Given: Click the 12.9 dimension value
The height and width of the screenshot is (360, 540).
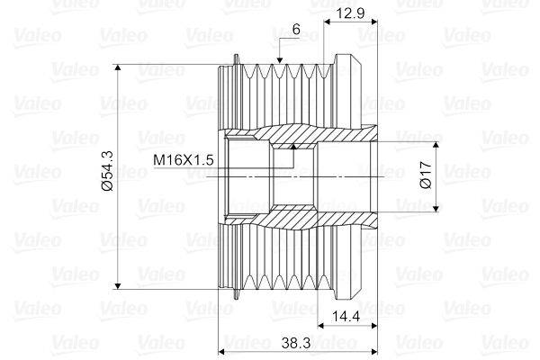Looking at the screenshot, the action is point(350,13).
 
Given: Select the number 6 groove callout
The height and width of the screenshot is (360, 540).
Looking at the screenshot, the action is point(296,30).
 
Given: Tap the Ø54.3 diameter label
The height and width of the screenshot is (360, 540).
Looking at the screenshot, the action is point(108,171).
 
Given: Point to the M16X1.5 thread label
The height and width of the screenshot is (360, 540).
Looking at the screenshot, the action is point(184,160).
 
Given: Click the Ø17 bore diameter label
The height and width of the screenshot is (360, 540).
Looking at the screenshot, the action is point(426,175).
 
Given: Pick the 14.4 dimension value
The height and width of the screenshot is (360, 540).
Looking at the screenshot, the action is point(346,316).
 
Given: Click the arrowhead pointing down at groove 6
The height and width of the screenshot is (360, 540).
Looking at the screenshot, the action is point(280,60).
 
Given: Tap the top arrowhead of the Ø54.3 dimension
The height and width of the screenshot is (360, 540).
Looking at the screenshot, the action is point(118,67).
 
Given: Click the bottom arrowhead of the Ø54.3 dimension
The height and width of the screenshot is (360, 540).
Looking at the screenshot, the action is point(118,286).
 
